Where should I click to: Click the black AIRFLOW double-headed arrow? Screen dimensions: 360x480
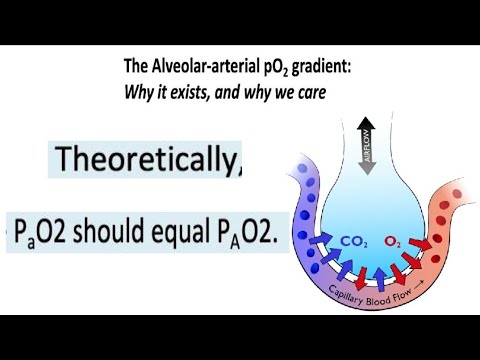(x=367, y=147)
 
